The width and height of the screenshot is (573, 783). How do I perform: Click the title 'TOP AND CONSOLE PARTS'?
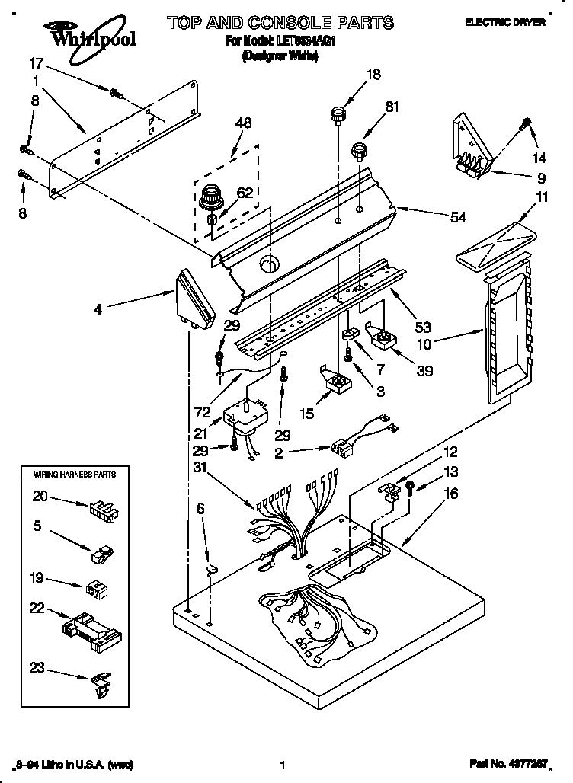pos(280,23)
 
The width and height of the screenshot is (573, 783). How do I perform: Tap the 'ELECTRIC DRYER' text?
pos(505,24)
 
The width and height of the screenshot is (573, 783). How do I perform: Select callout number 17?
pos(36,63)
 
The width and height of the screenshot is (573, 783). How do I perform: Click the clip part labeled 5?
pos(101,554)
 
